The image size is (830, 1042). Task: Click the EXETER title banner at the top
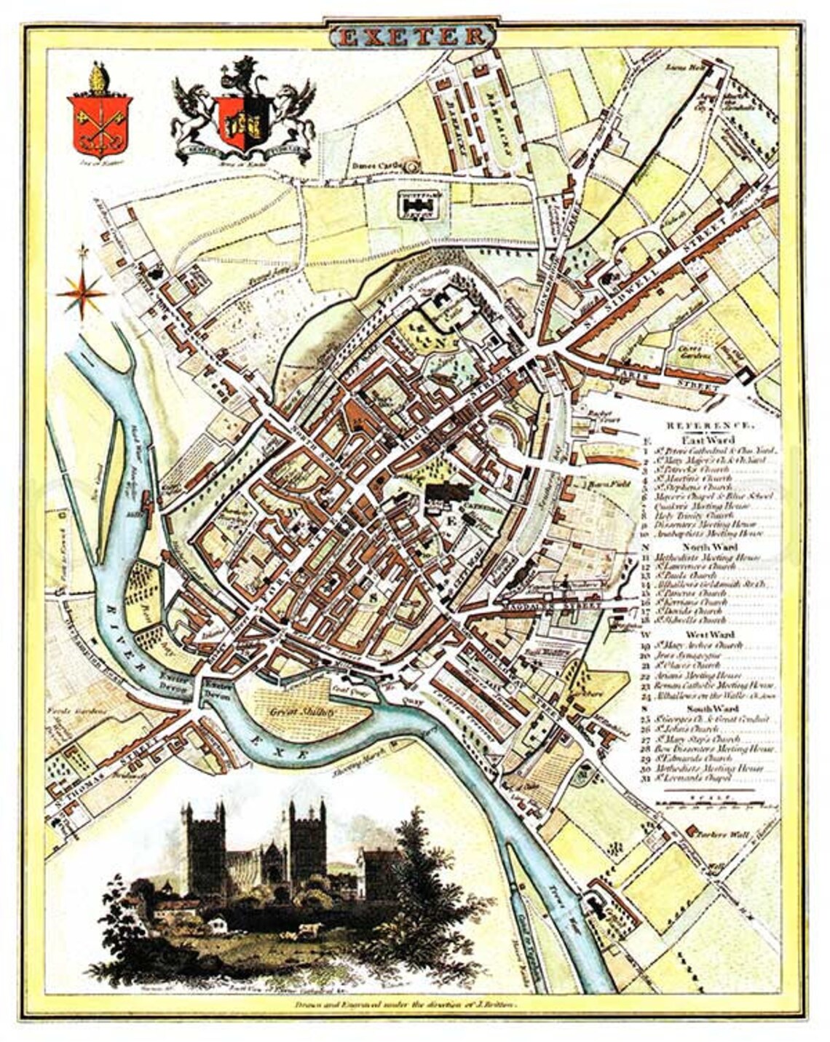pyautogui.click(x=412, y=36)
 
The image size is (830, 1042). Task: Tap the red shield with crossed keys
pyautogui.click(x=99, y=124)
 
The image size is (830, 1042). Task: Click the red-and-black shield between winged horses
pyautogui.click(x=243, y=121)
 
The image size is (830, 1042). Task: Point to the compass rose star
pyautogui.click(x=82, y=293)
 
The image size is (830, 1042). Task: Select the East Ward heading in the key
pyautogui.click(x=708, y=439)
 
